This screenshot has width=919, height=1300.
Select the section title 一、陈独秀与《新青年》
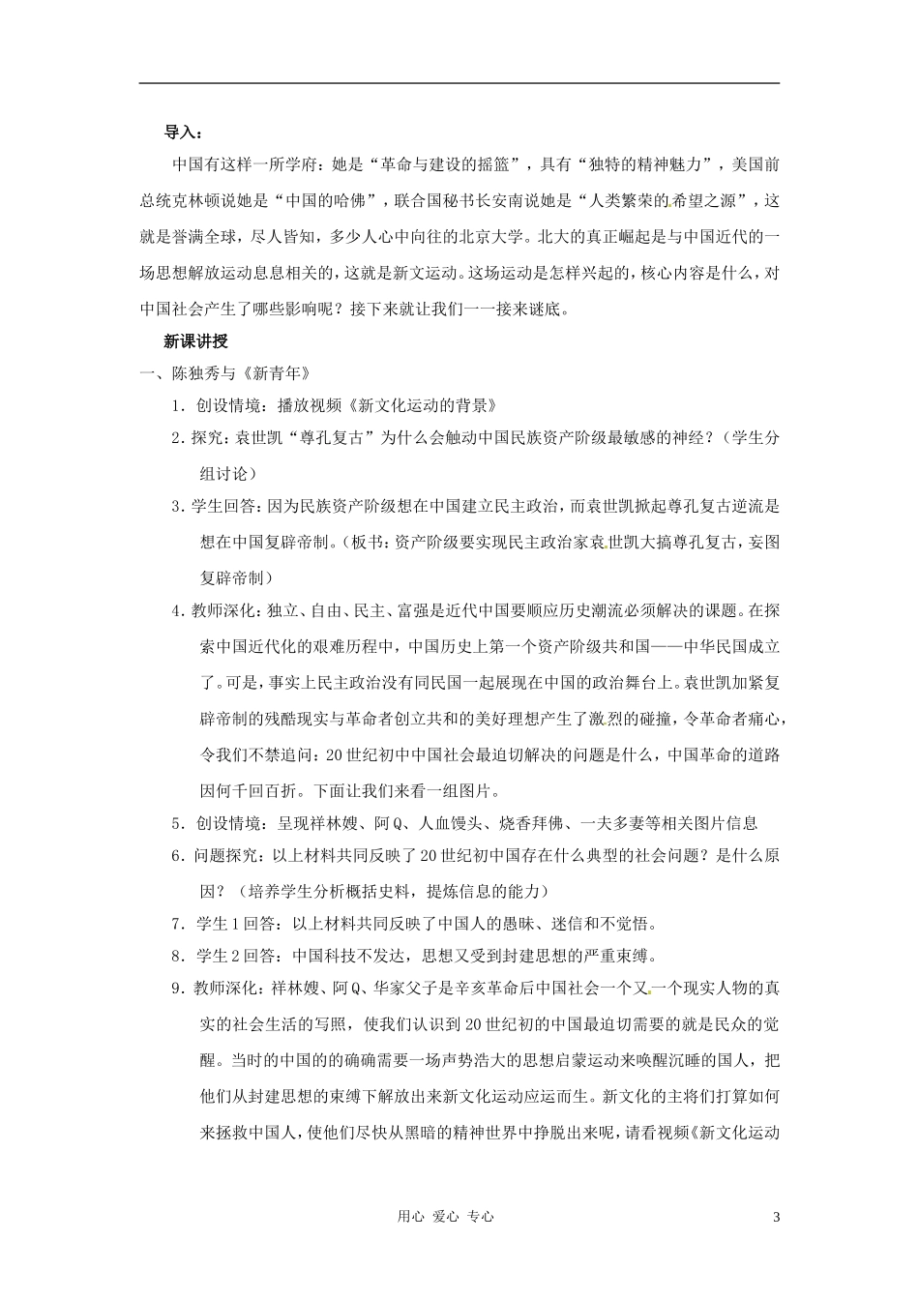click(x=225, y=373)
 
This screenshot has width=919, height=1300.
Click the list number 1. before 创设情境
click(x=177, y=405)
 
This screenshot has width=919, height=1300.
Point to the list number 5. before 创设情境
click(x=177, y=824)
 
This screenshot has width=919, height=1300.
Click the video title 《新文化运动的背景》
click(x=428, y=405)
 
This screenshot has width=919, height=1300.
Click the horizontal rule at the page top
click(x=459, y=83)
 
